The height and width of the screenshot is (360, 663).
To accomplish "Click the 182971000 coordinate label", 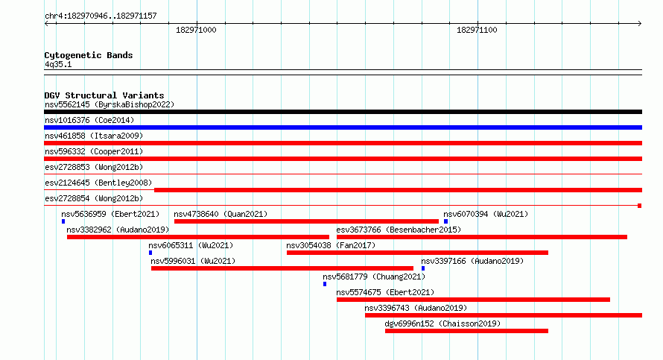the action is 196,30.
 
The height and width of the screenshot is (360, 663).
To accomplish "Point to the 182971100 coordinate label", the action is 477,30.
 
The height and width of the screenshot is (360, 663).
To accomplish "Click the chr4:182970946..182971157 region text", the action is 101,16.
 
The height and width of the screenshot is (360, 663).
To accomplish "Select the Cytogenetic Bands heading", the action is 89,55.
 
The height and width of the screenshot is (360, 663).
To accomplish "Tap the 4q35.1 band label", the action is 58,64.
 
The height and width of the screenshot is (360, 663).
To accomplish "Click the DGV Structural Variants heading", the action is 104,95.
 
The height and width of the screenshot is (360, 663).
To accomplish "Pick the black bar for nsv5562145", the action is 343,112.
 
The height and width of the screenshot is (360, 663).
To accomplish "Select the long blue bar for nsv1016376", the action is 343,127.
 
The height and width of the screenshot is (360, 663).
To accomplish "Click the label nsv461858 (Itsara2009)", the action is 94,136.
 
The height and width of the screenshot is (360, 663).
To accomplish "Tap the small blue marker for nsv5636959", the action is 63,221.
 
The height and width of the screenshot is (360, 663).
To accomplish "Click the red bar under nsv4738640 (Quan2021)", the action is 306,221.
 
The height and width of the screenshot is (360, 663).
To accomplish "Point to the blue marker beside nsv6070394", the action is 445,221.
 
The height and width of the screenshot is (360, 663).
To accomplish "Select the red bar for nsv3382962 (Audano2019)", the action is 198,237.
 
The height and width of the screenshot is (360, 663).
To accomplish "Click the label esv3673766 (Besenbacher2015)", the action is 399,230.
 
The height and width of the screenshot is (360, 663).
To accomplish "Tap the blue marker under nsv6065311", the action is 150,253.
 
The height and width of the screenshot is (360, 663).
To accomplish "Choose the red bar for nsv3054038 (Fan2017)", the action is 417,253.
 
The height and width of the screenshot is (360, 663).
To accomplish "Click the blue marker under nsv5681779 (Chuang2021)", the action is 325,284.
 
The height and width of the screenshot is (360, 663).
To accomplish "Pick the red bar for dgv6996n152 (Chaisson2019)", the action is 466,331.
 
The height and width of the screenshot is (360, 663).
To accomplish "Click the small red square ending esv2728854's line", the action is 640,206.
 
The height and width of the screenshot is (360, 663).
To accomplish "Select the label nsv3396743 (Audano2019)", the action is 416,308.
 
